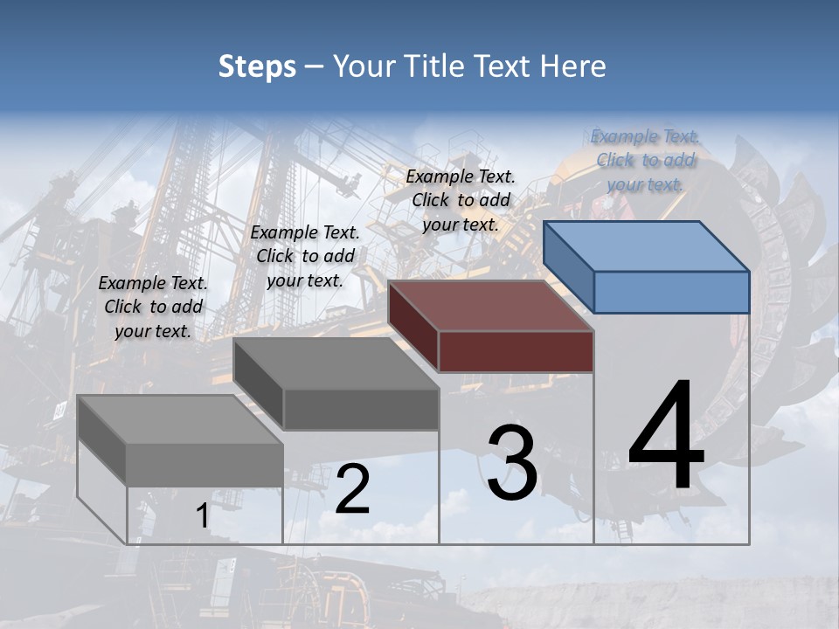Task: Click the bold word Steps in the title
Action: (x=256, y=66)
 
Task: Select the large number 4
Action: (x=667, y=437)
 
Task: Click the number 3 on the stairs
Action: (x=512, y=463)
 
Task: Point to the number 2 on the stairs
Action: (x=352, y=489)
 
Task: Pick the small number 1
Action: (x=202, y=516)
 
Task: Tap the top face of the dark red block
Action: (x=491, y=306)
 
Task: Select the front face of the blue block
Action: (x=671, y=292)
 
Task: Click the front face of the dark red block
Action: (x=516, y=351)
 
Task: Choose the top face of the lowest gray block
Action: (x=180, y=419)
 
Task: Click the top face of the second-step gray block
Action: (x=336, y=363)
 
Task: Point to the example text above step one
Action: (x=153, y=307)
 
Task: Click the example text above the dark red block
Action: (x=461, y=200)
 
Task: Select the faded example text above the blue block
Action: (x=645, y=160)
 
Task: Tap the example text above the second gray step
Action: (x=305, y=256)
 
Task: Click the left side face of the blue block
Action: (x=568, y=266)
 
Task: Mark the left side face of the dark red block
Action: (x=413, y=326)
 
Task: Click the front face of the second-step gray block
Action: (x=361, y=409)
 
